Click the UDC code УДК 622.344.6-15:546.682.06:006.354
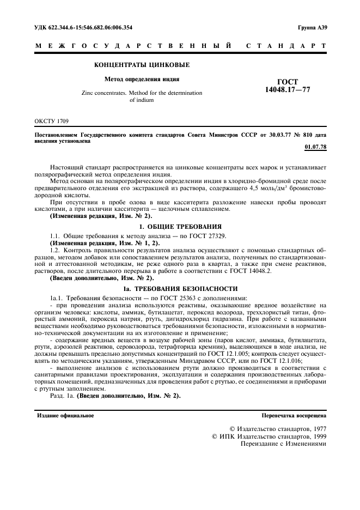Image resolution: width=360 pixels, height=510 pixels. (83, 27)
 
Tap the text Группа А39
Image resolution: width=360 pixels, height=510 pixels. (312, 27)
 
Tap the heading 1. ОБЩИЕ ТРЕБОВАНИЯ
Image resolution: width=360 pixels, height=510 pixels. (180, 226)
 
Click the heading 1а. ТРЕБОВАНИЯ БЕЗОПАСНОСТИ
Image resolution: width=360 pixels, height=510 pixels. (180, 288)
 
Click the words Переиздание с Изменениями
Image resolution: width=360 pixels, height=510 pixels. (283, 444)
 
